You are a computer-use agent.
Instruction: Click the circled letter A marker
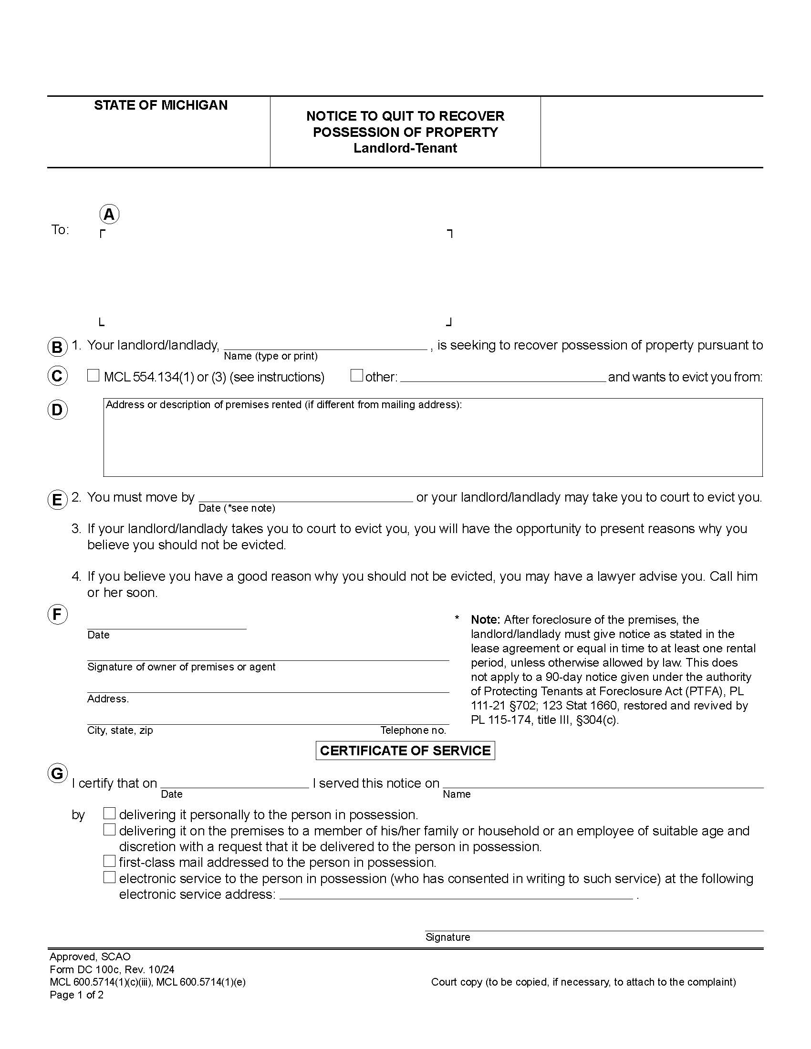point(109,214)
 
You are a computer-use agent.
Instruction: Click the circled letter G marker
point(57,773)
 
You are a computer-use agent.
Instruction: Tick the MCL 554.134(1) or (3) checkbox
point(93,376)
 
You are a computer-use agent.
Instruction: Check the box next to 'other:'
point(356,376)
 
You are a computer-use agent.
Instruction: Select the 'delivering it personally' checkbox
point(110,813)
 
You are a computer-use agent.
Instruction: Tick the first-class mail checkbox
point(110,861)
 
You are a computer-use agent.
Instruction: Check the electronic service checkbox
point(110,877)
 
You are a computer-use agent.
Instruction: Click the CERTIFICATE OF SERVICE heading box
point(405,751)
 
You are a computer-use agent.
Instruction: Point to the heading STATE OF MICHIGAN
point(160,105)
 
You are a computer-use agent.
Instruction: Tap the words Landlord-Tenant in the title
point(405,148)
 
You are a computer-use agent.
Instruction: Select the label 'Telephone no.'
point(413,730)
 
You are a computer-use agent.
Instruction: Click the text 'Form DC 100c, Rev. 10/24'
point(112,969)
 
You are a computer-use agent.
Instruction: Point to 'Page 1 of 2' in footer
point(76,994)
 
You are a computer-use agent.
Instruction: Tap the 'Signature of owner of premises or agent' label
point(181,667)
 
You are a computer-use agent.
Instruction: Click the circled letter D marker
point(57,410)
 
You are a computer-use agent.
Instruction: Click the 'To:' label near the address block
point(60,230)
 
